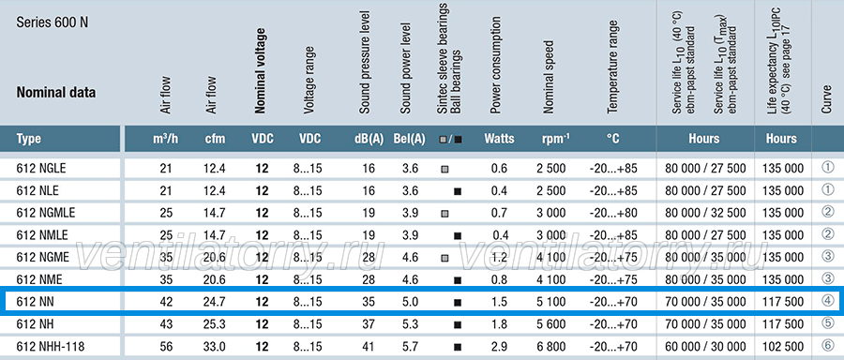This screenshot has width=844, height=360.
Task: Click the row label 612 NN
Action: (x=35, y=302)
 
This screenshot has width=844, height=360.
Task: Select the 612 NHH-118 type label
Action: (x=50, y=346)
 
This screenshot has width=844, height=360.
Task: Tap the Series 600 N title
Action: (x=53, y=22)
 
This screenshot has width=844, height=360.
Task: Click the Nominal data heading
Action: (x=56, y=93)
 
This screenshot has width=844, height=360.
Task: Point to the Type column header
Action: (x=28, y=139)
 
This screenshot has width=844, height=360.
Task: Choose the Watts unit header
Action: (x=499, y=139)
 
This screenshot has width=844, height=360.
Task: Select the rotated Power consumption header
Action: (x=495, y=65)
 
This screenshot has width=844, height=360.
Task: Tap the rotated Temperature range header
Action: (x=612, y=67)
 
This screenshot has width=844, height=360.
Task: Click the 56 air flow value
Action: (x=166, y=346)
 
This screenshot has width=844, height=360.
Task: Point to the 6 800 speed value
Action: (x=550, y=346)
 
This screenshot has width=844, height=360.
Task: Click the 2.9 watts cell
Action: (x=499, y=346)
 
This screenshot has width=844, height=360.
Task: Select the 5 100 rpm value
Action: (x=550, y=302)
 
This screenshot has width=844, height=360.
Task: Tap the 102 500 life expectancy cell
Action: (x=783, y=346)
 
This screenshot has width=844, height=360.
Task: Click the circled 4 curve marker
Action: (x=828, y=301)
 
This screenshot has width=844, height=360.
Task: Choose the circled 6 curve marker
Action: (x=828, y=345)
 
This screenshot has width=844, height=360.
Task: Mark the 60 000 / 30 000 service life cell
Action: (x=705, y=346)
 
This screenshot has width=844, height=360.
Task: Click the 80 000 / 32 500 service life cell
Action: (x=705, y=213)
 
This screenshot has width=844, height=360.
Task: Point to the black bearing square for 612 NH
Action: (x=458, y=324)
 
